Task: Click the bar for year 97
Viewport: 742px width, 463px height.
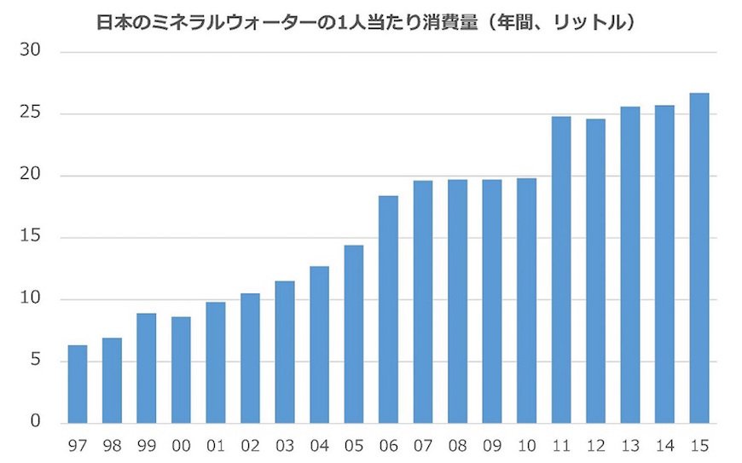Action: (x=78, y=384)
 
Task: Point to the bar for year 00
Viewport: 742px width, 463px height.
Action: (x=181, y=370)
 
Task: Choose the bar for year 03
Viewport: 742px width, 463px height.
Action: (x=285, y=352)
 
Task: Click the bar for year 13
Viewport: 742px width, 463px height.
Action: (x=630, y=264)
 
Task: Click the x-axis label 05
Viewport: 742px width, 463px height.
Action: (x=354, y=445)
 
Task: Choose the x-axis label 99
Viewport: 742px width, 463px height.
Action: (x=147, y=445)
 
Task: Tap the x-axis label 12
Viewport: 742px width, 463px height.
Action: (x=595, y=445)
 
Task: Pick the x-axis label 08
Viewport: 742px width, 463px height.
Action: (x=457, y=445)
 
